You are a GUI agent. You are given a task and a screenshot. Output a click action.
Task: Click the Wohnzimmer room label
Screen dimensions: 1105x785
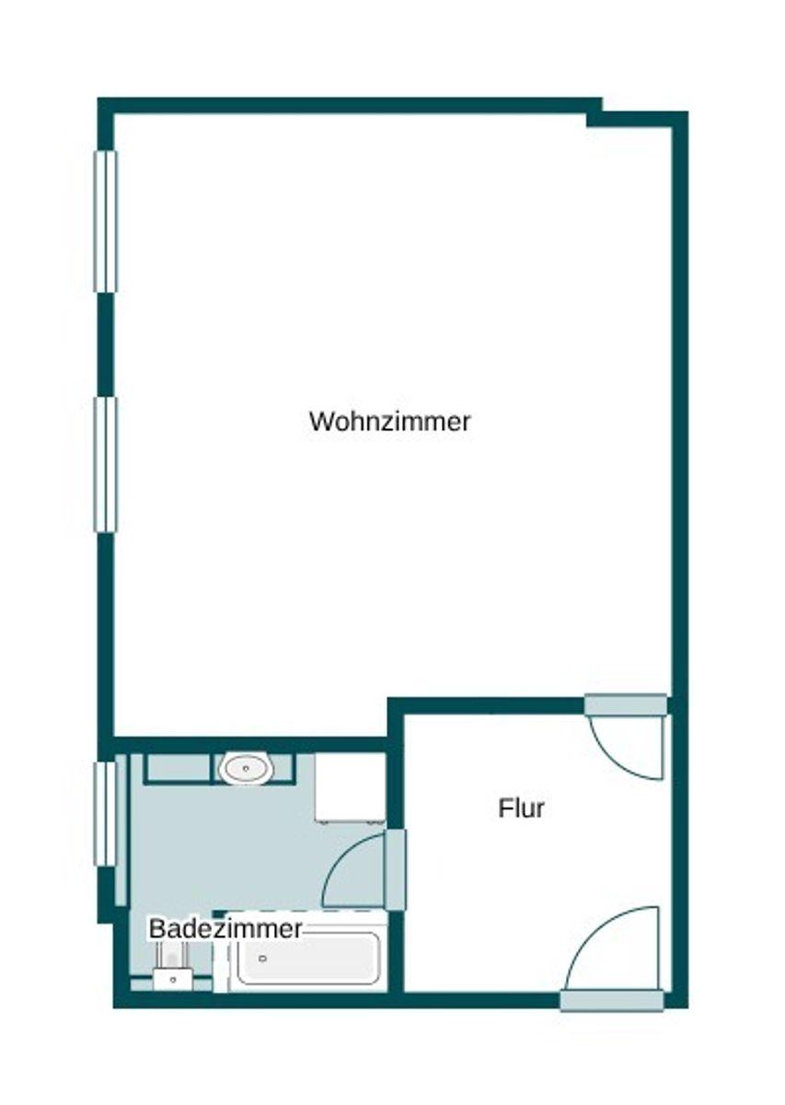tap(389, 422)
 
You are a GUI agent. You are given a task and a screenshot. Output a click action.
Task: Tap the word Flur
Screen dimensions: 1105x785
tap(522, 808)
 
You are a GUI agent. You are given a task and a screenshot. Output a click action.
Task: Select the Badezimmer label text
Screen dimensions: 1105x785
tap(225, 928)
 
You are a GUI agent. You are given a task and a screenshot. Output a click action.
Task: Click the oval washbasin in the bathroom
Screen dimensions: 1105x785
tap(246, 767)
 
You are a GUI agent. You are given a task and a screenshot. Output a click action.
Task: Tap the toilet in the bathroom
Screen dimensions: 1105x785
tap(172, 971)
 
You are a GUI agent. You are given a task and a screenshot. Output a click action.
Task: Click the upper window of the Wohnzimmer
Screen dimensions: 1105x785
tap(106, 221)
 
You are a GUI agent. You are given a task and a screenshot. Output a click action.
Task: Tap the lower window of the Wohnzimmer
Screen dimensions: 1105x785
tap(106, 464)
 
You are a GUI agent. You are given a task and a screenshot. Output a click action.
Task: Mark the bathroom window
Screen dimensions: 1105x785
tap(106, 814)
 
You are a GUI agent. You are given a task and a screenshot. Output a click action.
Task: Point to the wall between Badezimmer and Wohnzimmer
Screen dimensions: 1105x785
tap(248, 744)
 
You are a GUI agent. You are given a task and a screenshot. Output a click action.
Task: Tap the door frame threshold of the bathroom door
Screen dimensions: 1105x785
tap(396, 869)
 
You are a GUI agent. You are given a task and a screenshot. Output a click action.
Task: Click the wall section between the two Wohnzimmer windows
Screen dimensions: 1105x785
tap(106, 344)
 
